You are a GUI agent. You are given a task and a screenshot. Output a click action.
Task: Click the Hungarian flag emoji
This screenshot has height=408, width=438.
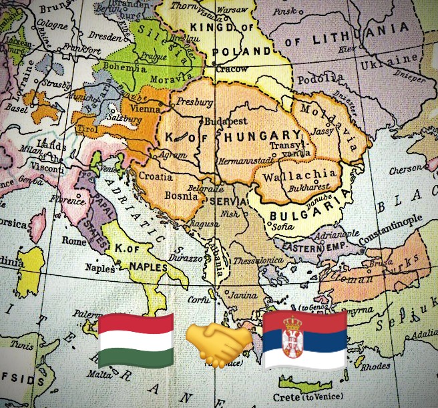136,341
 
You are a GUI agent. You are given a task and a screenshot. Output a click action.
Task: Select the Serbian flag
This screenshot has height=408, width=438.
304,340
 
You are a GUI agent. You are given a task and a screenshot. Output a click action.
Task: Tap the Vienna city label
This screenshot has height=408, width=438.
147,107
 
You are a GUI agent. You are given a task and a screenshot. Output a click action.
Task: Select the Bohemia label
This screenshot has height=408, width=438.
124,68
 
